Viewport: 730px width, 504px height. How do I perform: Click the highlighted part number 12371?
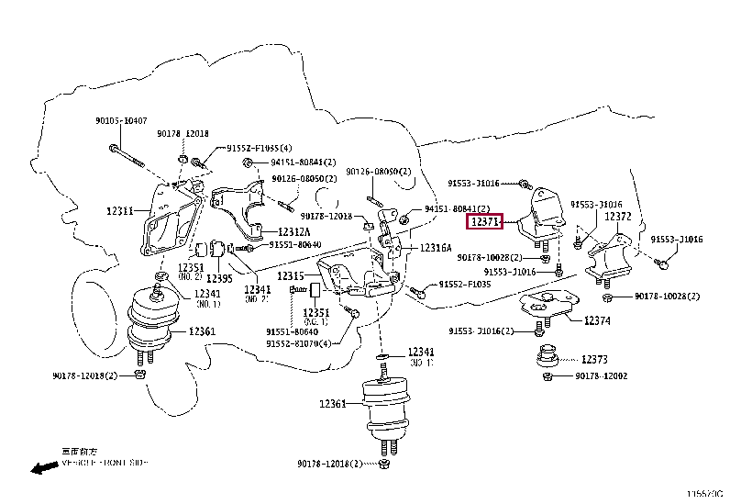(x=483, y=221)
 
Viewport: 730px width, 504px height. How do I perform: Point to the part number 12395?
(x=218, y=278)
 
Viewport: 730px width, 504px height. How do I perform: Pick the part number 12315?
(x=291, y=276)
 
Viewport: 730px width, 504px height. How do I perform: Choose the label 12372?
(x=618, y=217)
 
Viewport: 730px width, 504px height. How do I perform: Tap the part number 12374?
(x=597, y=320)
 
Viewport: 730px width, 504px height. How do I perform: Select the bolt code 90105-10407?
(x=119, y=121)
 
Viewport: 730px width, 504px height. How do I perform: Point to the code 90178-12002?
(x=602, y=376)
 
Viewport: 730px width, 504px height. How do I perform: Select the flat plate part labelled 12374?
(x=547, y=304)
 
